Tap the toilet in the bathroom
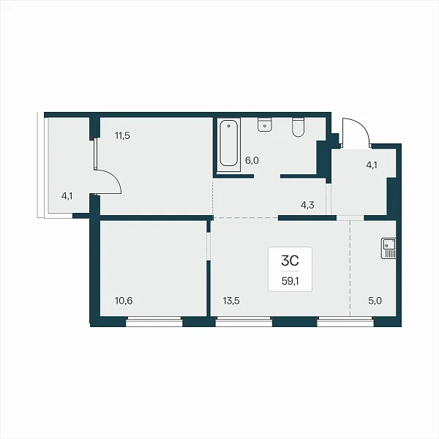pyautogui.click(x=298, y=127)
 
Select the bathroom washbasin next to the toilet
pyautogui.click(x=265, y=124)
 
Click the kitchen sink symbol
pyautogui.click(x=389, y=248)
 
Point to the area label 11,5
pyautogui.click(x=123, y=136)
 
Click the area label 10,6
pyautogui.click(x=124, y=301)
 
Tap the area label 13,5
pyautogui.click(x=231, y=301)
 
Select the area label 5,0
pyautogui.click(x=375, y=301)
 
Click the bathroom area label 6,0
pyautogui.click(x=252, y=161)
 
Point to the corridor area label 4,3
pyautogui.click(x=307, y=205)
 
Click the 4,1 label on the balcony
pyautogui.click(x=67, y=196)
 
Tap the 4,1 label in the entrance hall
pyautogui.click(x=372, y=165)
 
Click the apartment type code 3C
pyautogui.click(x=290, y=261)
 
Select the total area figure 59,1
pyautogui.click(x=290, y=282)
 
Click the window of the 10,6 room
pyautogui.click(x=154, y=322)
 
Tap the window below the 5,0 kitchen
pyautogui.click(x=345, y=322)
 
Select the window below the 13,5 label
pyautogui.click(x=244, y=322)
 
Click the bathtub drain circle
pyautogui.click(x=229, y=126)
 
